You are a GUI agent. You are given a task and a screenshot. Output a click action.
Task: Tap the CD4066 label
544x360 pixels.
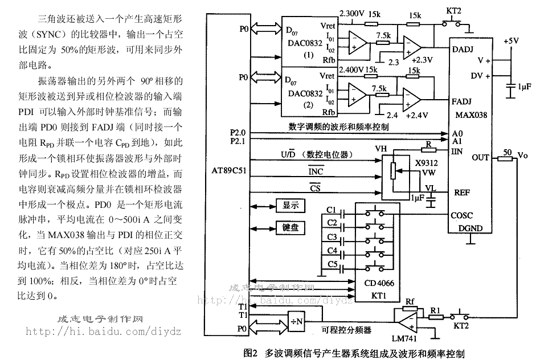pos(378,283)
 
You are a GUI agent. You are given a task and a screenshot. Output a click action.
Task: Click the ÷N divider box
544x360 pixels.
pos(296,322)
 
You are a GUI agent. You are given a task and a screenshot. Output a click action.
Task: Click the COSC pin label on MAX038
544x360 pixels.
pos(463,215)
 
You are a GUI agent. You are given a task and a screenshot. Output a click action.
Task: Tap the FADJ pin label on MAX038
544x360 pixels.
pos(461,102)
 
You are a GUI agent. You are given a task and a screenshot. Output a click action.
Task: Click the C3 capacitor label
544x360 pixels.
pos(332,237)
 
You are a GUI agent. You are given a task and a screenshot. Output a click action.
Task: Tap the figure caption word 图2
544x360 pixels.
pos(251,353)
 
